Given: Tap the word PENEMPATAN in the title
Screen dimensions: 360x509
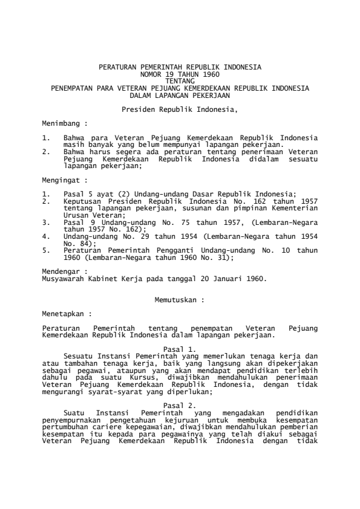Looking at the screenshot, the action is (72, 88).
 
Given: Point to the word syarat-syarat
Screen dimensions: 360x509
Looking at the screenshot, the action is (110, 383).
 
